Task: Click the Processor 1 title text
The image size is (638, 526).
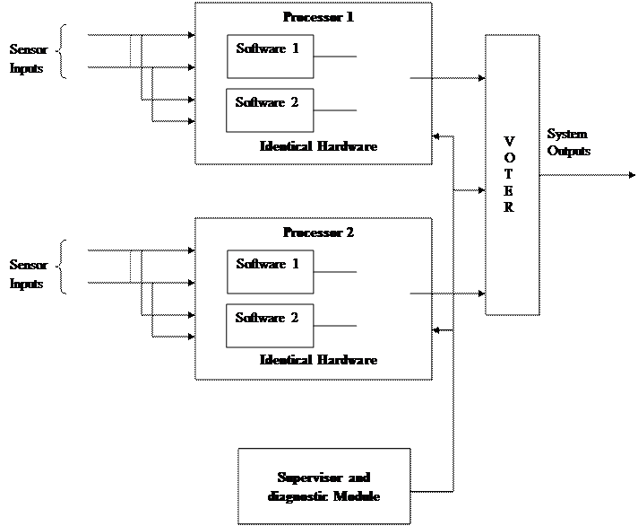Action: tap(318, 17)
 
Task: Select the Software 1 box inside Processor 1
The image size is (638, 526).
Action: tap(270, 57)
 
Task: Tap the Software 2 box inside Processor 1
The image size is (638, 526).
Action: tap(270, 110)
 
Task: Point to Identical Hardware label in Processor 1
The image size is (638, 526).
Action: tap(318, 145)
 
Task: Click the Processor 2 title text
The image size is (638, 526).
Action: tap(318, 232)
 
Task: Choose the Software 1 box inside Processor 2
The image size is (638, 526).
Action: tap(270, 272)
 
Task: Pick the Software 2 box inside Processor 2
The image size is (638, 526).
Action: tap(270, 326)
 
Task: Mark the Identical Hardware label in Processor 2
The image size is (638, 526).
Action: tap(318, 360)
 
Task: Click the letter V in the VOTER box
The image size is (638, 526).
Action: tap(510, 141)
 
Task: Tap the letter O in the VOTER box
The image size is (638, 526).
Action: tap(510, 157)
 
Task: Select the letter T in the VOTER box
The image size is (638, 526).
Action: tap(510, 174)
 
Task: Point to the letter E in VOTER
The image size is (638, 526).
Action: tap(510, 190)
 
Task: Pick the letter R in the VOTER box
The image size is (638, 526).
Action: tap(510, 207)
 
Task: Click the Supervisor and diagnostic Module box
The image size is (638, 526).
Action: tap(323, 487)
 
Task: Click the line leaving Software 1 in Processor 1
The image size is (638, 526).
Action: tap(335, 57)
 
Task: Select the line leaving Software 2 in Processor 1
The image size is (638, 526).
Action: tap(335, 110)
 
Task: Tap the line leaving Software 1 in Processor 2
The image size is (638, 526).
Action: tap(335, 272)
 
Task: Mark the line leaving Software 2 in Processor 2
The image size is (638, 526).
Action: tap(335, 326)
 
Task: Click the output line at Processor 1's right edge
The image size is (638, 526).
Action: tap(420, 78)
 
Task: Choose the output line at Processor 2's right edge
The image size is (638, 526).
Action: tap(420, 294)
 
